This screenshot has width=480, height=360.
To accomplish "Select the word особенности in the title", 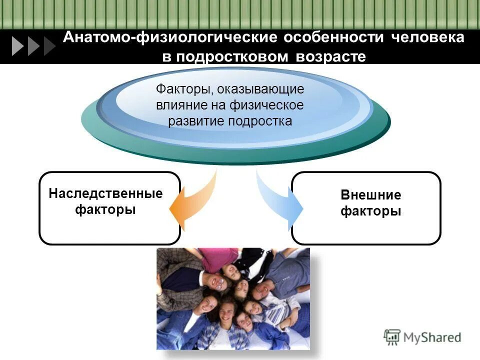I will (336, 38).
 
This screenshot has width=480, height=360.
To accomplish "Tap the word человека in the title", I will (427, 38).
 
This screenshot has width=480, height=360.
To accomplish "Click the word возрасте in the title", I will (331, 56).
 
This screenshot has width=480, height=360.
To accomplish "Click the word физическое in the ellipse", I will (266, 105).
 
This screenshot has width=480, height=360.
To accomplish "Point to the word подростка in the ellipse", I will (260, 121).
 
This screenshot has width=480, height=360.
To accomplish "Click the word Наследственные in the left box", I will (105, 193).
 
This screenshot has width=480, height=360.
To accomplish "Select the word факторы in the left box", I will (105, 209).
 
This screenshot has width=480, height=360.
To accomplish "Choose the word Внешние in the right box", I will (370, 195).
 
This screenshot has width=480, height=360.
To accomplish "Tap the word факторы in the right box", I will (370, 211).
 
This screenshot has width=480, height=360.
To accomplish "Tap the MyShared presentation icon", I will (392, 337).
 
